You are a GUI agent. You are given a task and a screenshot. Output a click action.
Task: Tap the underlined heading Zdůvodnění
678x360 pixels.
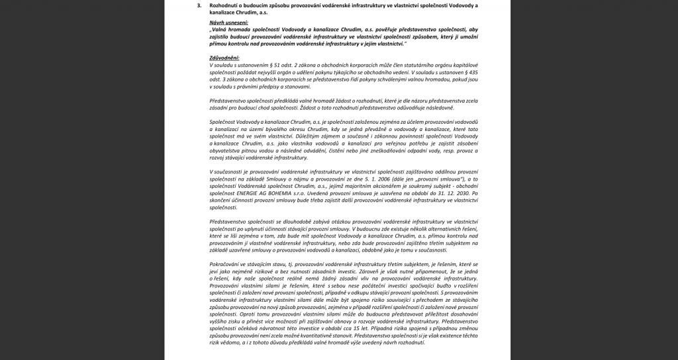pyautogui.click(x=224, y=58)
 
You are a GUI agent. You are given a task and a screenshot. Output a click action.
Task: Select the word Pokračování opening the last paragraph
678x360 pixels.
pyautogui.click(x=227, y=264)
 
